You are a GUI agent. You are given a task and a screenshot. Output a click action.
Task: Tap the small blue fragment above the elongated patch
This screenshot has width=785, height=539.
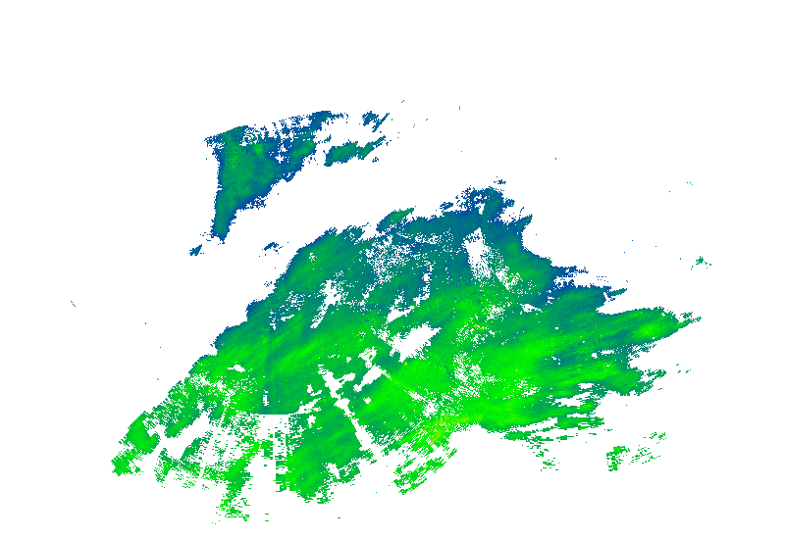376,120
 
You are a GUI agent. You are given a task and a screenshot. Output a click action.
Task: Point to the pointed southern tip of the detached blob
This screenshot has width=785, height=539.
220,236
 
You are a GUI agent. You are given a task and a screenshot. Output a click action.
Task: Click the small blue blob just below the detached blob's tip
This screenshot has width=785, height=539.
196,250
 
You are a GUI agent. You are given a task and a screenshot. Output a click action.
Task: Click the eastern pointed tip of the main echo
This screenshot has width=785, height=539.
698,317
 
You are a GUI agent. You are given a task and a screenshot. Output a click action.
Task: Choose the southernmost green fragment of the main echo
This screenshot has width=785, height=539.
235,512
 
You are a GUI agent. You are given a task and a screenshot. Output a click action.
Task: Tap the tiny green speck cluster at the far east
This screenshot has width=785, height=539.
700,261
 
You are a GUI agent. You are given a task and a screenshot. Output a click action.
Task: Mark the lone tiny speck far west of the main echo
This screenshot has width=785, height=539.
73,304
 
